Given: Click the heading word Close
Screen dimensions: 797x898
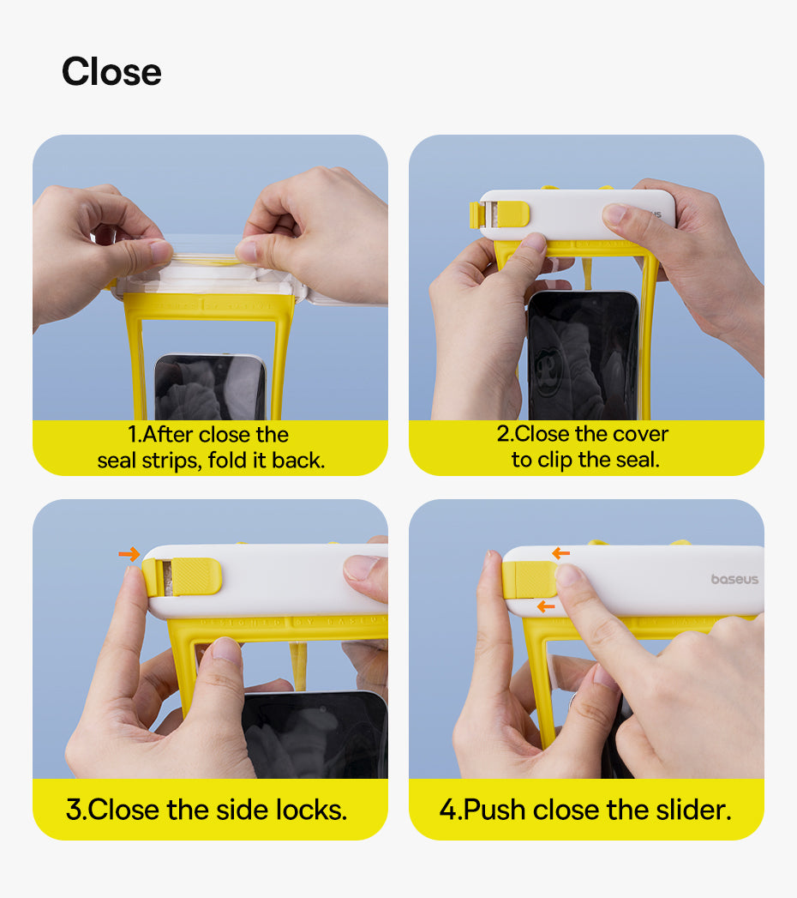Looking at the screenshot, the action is pyautogui.click(x=111, y=72).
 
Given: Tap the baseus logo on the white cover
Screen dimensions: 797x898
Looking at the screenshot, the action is pyautogui.click(x=734, y=579).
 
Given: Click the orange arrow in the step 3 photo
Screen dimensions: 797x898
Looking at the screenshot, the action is pyautogui.click(x=129, y=554).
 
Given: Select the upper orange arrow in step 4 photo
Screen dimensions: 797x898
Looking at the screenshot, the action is pyautogui.click(x=560, y=553).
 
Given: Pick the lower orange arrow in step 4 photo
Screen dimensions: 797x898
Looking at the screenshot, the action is pyautogui.click(x=546, y=606).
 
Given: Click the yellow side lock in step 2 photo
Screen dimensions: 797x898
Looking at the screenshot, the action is pyautogui.click(x=499, y=214).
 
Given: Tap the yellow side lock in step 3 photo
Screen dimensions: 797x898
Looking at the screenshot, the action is pyautogui.click(x=182, y=576).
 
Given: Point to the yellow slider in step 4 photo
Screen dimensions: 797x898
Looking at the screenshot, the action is pyautogui.click(x=529, y=580).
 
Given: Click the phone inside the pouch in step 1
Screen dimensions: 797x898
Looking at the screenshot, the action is pyautogui.click(x=210, y=387).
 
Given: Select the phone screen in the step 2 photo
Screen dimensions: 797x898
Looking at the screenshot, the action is pyautogui.click(x=583, y=356).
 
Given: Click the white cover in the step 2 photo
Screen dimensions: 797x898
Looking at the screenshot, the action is pyautogui.click(x=578, y=214).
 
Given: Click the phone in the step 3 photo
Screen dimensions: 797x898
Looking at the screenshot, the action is pyautogui.click(x=315, y=735).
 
